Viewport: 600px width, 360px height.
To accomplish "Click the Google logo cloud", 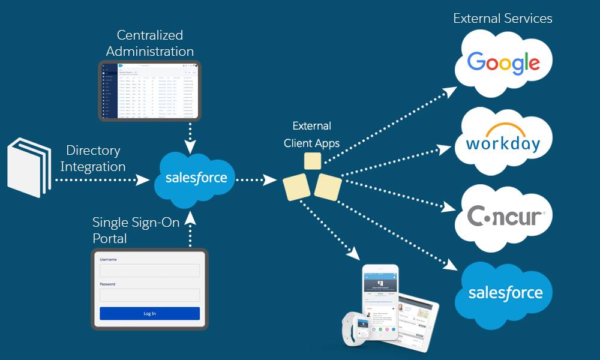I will pyautogui.click(x=503, y=62).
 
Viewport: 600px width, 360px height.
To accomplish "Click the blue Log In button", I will pyautogui.click(x=149, y=313).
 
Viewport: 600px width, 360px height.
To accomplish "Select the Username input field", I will pyautogui.click(x=149, y=271).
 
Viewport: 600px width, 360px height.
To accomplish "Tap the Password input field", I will pyautogui.click(x=149, y=295).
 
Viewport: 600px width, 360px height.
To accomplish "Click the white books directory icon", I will pyautogui.click(x=29, y=167).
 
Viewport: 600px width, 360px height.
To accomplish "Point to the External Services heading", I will pyautogui.click(x=502, y=19).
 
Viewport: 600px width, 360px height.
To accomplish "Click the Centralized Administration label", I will pyautogui.click(x=150, y=43).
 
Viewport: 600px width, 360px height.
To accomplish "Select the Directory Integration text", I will pyautogui.click(x=93, y=158).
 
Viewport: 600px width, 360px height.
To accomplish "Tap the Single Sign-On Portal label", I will pyautogui.click(x=136, y=230).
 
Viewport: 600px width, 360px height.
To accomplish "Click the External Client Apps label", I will pyautogui.click(x=311, y=135).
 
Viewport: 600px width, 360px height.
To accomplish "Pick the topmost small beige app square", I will pyautogui.click(x=312, y=161).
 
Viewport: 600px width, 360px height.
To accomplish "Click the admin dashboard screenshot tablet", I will pyautogui.click(x=149, y=91).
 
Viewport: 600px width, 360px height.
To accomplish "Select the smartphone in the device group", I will pyautogui.click(x=380, y=303).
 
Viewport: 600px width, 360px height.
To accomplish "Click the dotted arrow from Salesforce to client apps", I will pyautogui.click(x=256, y=179).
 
